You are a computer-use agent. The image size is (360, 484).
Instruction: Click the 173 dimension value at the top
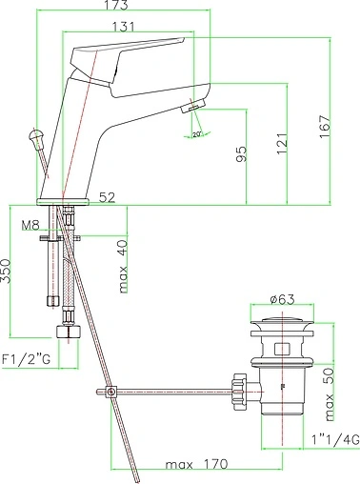[115, 5]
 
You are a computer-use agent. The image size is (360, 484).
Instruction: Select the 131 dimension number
[123, 27]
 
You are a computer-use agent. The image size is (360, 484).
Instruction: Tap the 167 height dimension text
[325, 127]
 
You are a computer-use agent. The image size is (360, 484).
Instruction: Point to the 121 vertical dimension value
[282, 143]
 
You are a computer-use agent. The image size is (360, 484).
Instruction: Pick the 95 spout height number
[241, 154]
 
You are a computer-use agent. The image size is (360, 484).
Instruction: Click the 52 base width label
[107, 197]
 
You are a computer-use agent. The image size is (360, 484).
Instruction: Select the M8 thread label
[30, 225]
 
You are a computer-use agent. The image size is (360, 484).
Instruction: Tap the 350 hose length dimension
[6, 271]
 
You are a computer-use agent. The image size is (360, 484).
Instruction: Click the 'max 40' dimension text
[123, 267]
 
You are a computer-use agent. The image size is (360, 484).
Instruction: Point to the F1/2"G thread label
[26, 359]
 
